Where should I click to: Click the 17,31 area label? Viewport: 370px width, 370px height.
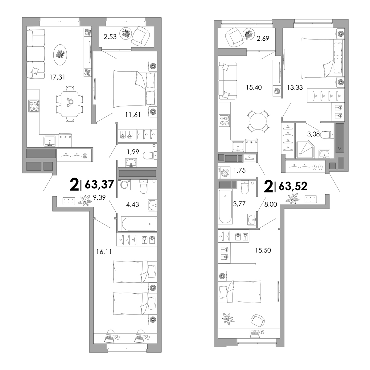[x=57, y=77]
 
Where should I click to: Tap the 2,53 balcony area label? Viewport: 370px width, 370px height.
[x=110, y=37]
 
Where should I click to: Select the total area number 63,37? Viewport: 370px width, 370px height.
[x=99, y=185]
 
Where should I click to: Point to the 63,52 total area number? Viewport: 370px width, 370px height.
[x=293, y=186]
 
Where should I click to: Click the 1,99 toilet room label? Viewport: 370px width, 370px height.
[x=133, y=152]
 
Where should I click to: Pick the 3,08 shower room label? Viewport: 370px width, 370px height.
[x=313, y=134]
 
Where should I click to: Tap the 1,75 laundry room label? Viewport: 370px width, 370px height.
[x=240, y=170]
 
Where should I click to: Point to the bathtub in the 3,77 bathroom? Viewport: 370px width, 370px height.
[x=225, y=207]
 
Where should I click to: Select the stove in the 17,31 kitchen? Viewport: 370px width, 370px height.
[x=34, y=106]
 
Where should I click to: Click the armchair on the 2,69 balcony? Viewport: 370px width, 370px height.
[x=234, y=37]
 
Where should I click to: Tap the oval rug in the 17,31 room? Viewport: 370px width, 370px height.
[x=60, y=55]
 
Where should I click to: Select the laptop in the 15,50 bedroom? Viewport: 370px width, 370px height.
[x=255, y=334]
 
